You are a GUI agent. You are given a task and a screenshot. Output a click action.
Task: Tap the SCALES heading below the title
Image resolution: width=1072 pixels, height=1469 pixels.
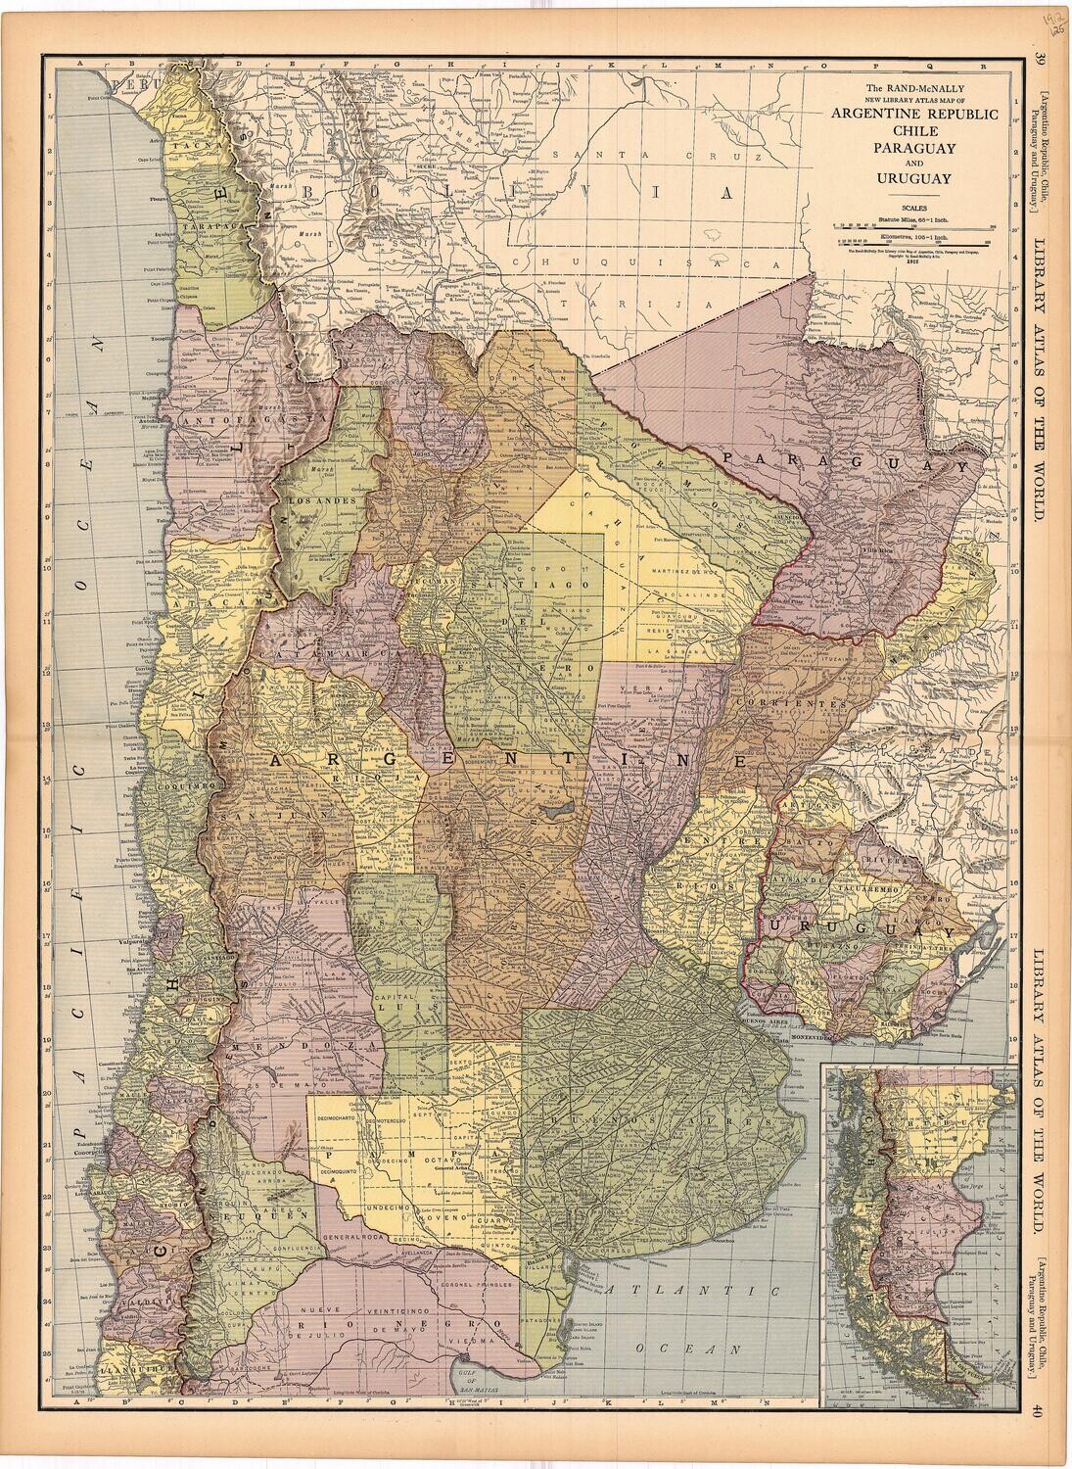(914, 207)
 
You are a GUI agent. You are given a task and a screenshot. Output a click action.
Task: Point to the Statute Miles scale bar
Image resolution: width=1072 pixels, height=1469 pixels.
(914, 226)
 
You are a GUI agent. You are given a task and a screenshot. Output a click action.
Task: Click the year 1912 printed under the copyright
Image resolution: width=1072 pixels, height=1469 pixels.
(914, 261)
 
